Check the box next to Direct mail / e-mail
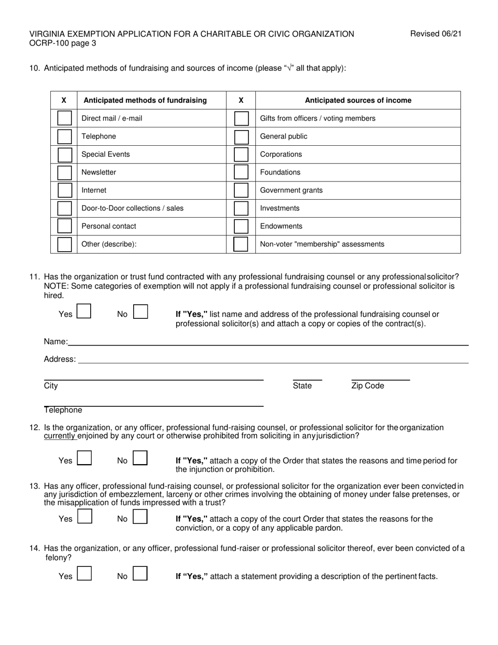coord(64,118)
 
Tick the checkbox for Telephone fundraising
coord(64,136)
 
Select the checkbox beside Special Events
coord(64,155)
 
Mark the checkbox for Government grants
coord(241,190)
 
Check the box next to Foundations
coord(241,173)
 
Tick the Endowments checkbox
coord(241,227)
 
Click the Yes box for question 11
coord(84,312)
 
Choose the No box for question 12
coord(140,458)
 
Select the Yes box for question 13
coord(84,517)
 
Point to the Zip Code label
coord(367,386)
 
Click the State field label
coord(302,386)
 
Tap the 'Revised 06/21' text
coord(436,34)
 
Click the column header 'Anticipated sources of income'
coord(358,100)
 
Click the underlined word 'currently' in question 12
coord(60,436)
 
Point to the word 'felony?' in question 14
coord(59,557)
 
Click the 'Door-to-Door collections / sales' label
coord(133,208)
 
